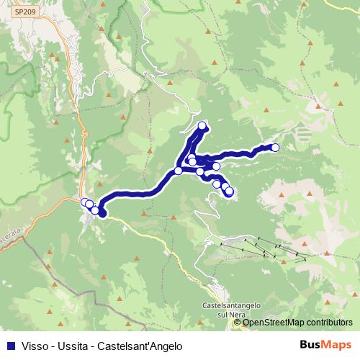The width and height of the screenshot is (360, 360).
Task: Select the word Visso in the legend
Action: click(x=31, y=346)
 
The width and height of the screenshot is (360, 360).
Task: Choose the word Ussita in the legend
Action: click(x=68, y=346)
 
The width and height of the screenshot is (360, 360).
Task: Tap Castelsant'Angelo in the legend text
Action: click(x=138, y=346)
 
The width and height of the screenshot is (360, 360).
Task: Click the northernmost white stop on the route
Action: click(x=202, y=126)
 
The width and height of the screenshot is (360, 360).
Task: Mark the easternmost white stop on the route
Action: click(x=274, y=148)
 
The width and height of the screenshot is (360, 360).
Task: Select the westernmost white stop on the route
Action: click(x=84, y=202)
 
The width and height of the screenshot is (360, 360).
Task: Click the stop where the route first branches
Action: click(x=179, y=171)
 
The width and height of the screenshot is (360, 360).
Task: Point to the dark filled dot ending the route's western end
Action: click(x=102, y=213)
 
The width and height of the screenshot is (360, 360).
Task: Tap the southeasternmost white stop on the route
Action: click(x=229, y=192)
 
